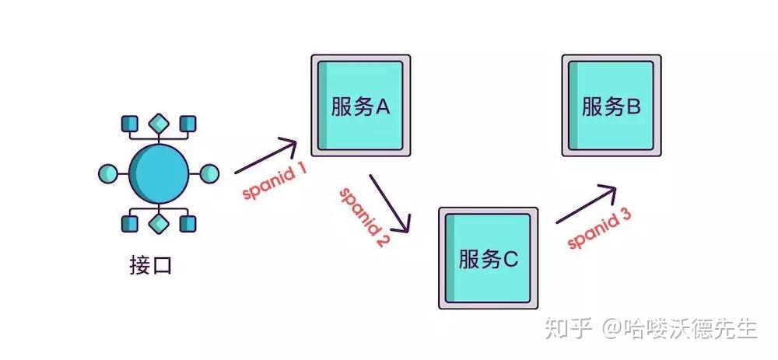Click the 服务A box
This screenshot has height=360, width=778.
tap(360, 105)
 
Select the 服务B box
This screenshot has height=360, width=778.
tap(612, 105)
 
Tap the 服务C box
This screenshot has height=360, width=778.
tap(488, 257)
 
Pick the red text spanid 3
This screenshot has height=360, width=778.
tap(599, 230)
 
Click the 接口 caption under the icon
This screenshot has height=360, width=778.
tap(150, 266)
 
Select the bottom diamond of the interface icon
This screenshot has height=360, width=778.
tap(159, 224)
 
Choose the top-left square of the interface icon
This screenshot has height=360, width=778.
tap(130, 124)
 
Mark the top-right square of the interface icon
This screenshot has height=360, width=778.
tap(187, 124)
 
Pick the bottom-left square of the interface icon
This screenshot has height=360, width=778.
tap(130, 224)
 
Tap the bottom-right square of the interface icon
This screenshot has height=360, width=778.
tap(187, 224)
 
